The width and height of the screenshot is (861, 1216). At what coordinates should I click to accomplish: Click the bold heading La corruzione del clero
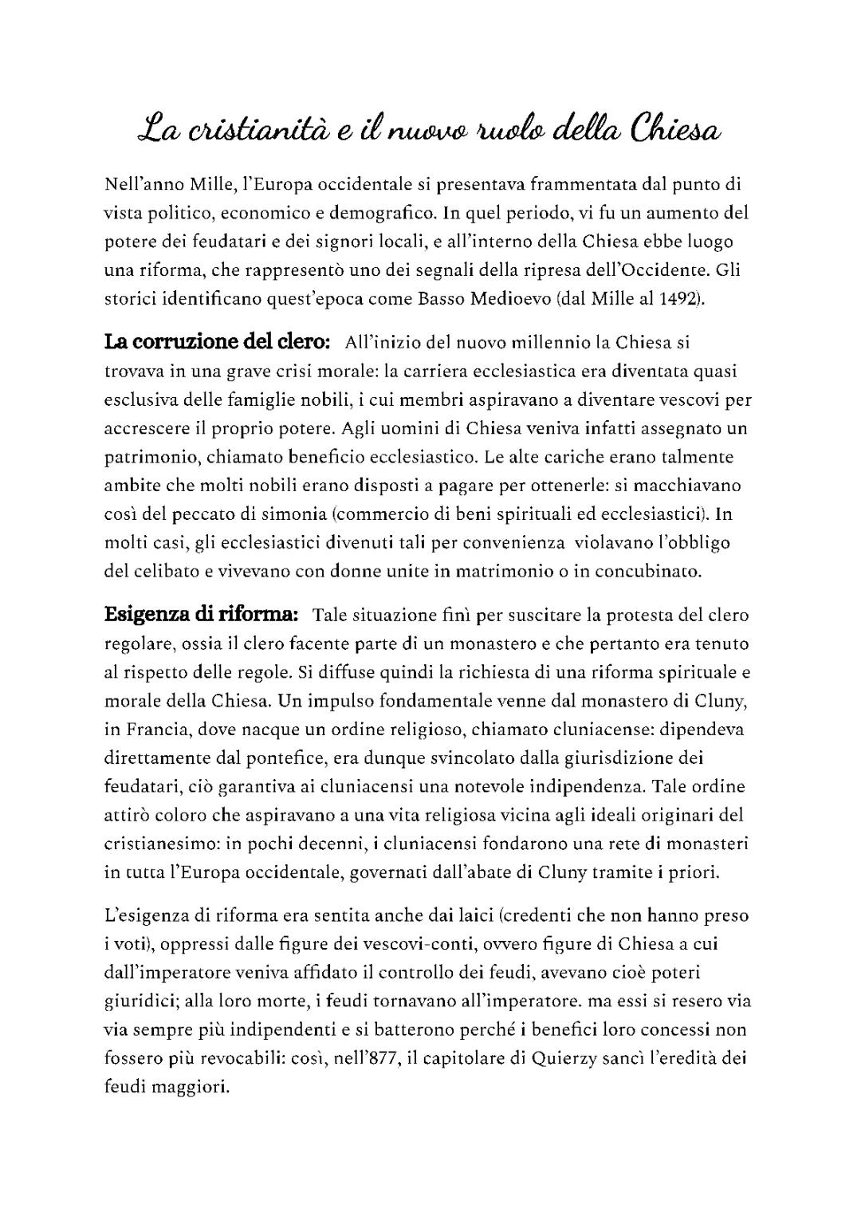tap(218, 342)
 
